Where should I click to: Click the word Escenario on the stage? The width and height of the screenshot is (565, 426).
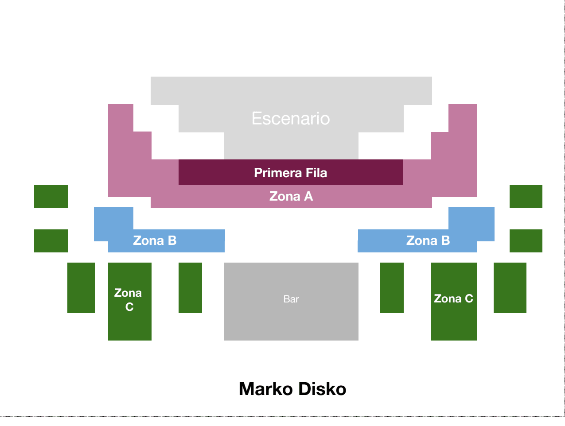click(x=291, y=118)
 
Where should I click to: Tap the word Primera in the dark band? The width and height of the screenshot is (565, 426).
click(x=278, y=173)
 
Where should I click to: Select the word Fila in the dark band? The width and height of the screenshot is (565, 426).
click(x=316, y=173)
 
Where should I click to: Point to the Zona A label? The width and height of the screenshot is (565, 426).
click(x=291, y=196)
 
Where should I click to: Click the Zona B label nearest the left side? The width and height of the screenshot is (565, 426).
click(x=155, y=240)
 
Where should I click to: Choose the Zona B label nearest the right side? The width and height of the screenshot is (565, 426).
click(x=428, y=240)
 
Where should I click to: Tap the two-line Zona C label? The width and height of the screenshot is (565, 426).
click(x=128, y=300)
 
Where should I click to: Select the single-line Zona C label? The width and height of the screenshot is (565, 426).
click(x=453, y=298)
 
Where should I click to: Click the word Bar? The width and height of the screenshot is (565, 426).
click(x=291, y=299)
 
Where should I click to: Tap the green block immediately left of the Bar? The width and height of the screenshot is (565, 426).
click(x=190, y=287)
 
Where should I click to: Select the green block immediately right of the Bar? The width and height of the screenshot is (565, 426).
click(x=392, y=287)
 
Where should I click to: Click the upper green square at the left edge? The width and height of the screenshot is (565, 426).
click(x=51, y=197)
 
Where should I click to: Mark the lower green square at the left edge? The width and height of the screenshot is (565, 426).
click(x=51, y=241)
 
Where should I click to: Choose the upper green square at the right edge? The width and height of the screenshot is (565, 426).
click(x=526, y=197)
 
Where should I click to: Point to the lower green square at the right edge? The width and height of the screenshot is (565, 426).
click(x=526, y=241)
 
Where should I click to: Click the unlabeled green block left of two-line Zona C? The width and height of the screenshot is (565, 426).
click(x=81, y=287)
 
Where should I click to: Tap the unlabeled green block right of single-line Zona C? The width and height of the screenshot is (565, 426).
click(x=510, y=287)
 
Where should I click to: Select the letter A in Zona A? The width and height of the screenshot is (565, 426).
click(x=308, y=196)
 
